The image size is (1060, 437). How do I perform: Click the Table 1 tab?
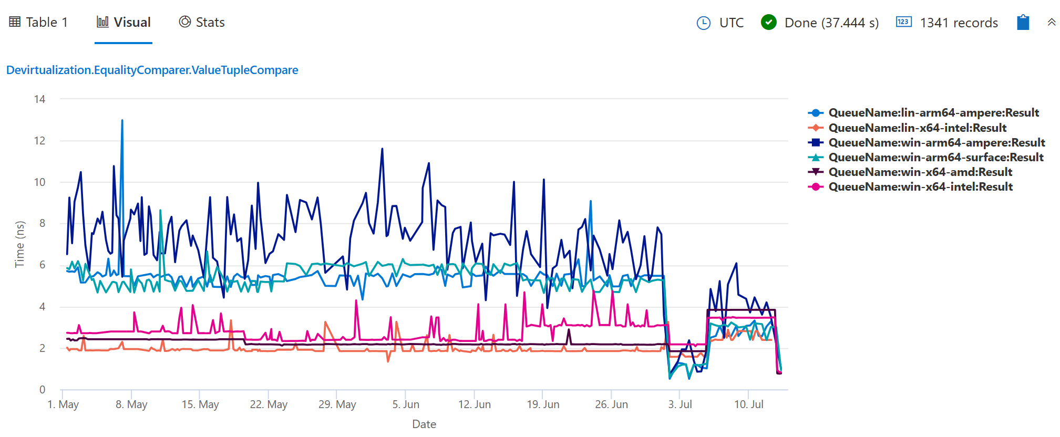point(39,23)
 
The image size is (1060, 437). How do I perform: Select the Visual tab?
point(124,23)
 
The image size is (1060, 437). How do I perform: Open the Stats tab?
point(202,23)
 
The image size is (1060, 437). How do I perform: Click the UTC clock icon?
point(703,23)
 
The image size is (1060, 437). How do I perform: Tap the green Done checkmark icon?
point(768,23)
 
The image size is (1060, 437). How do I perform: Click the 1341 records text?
point(959,23)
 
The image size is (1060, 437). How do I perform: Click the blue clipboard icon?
point(1023,23)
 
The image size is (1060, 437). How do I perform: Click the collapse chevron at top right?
point(1051,22)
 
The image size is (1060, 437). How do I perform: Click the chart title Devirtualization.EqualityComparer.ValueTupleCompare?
point(152,70)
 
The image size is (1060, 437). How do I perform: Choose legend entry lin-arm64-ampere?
point(933,113)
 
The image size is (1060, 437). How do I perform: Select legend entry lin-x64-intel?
point(917,128)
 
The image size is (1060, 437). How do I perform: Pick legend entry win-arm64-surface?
point(935,158)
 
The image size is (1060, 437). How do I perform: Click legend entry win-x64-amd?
point(920,172)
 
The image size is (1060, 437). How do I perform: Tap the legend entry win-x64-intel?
point(920,187)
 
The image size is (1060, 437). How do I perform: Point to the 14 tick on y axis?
point(39,99)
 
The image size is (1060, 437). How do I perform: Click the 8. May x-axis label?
point(131,404)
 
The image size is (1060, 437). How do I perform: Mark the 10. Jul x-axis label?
point(748,404)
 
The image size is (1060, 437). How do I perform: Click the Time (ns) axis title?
point(19,244)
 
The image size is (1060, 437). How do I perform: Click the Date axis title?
point(424,424)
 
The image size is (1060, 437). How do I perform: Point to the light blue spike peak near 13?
point(122,121)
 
